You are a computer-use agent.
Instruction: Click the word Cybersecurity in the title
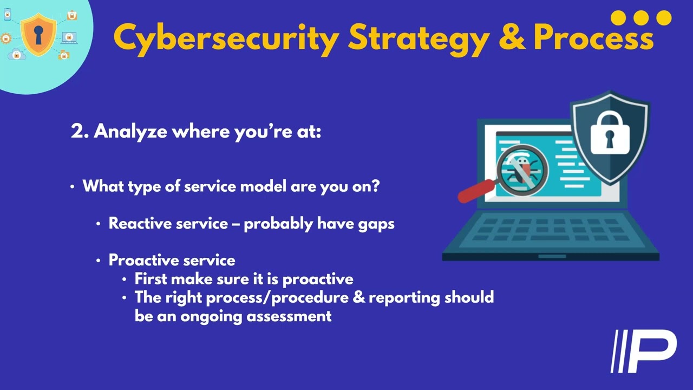pos(226,38)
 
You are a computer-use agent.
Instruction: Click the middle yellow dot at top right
pos(641,18)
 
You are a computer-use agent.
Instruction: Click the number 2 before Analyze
pos(76,131)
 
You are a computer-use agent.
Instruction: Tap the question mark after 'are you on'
pos(376,186)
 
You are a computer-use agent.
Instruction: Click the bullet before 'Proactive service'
pos(98,261)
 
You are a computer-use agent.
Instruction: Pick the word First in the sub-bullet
pos(151,279)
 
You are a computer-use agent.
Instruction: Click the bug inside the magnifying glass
pos(521,169)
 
